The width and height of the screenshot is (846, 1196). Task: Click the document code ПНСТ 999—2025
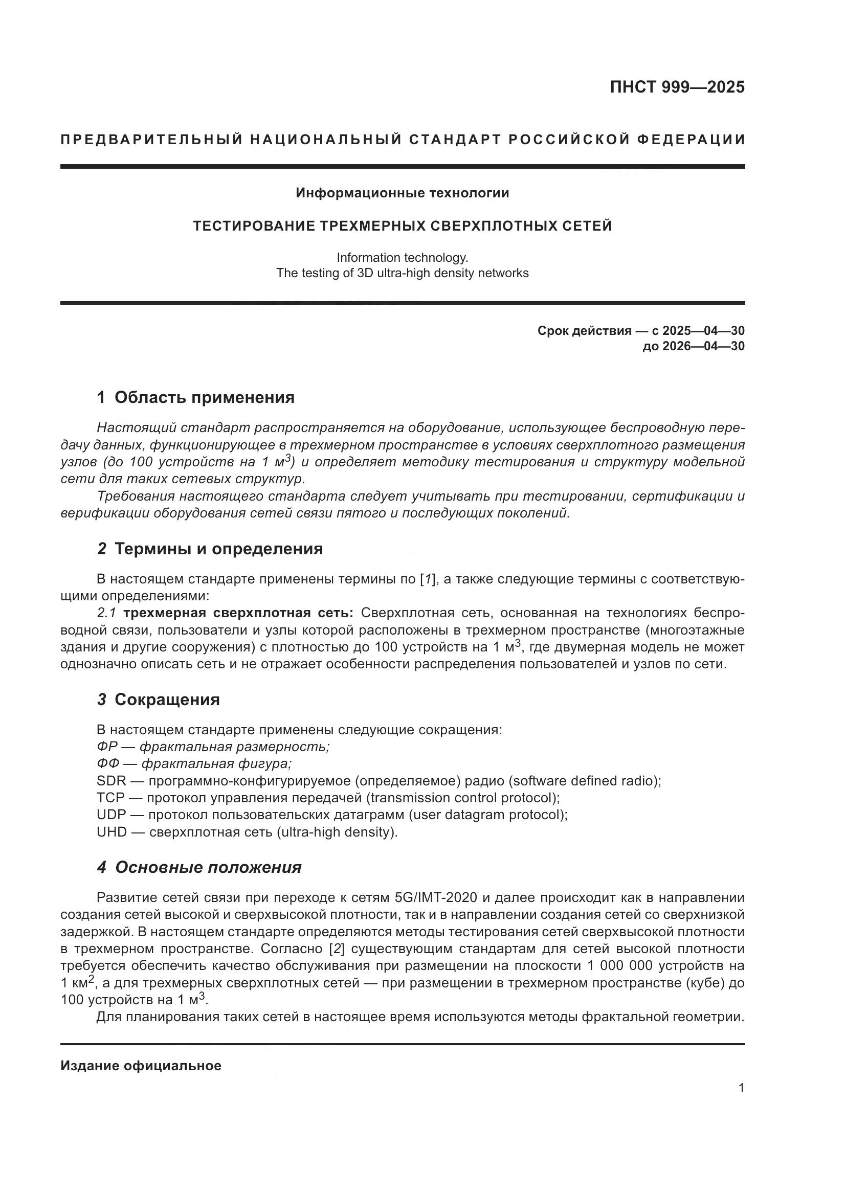point(677,87)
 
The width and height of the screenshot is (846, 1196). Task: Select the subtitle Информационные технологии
point(402,193)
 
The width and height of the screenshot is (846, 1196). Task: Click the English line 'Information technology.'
point(402,257)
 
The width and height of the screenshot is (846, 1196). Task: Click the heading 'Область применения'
point(204,397)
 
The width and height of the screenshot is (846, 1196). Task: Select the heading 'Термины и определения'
point(218,549)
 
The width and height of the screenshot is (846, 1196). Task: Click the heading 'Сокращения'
point(167,699)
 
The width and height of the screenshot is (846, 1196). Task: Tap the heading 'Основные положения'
point(208,867)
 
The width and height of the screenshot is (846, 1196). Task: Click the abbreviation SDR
point(111,781)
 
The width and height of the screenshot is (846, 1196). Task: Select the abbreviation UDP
point(111,815)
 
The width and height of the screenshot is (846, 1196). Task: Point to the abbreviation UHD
point(112,832)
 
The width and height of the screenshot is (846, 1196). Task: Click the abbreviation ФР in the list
point(107,747)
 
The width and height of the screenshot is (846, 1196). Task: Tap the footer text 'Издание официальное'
point(141,1066)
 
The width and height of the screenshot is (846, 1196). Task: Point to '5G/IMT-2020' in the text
point(436,897)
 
